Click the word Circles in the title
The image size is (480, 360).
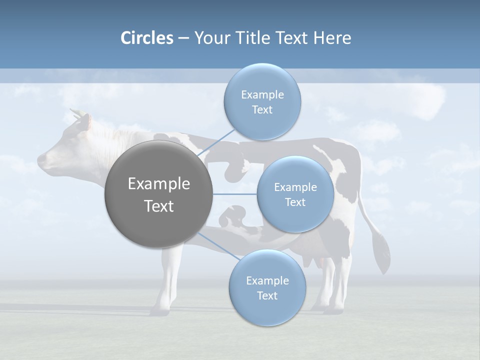click(146, 38)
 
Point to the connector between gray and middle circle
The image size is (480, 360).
click(234, 194)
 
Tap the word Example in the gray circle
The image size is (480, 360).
click(158, 184)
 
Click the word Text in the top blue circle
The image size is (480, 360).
click(262, 110)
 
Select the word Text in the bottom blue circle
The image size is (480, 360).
click(267, 295)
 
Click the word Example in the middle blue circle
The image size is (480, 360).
click(295, 187)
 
